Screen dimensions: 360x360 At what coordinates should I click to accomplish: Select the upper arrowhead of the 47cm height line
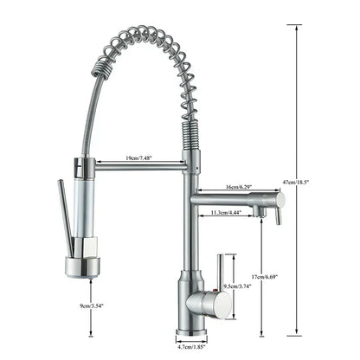point(299,27)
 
